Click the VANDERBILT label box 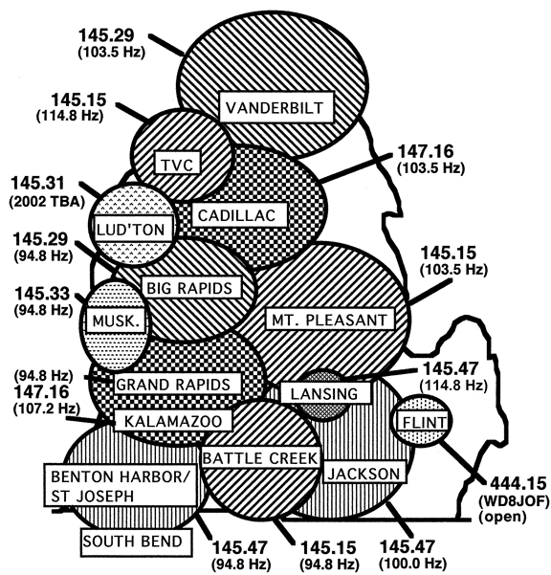click(x=276, y=107)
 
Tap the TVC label click(x=177, y=163)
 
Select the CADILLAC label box click(x=239, y=215)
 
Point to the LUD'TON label click(x=132, y=229)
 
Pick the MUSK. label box click(x=116, y=321)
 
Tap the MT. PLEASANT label click(x=330, y=320)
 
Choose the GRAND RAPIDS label click(x=177, y=384)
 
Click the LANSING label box click(x=325, y=393)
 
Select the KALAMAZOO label click(x=174, y=421)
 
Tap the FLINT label click(x=424, y=422)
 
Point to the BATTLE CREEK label click(x=260, y=457)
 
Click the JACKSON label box click(x=364, y=473)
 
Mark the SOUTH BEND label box click(x=137, y=542)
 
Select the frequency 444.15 click(x=518, y=483)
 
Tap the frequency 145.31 click(x=38, y=184)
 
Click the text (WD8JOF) click(x=515, y=500)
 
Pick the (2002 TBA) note click(x=47, y=202)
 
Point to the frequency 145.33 click(x=42, y=294)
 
